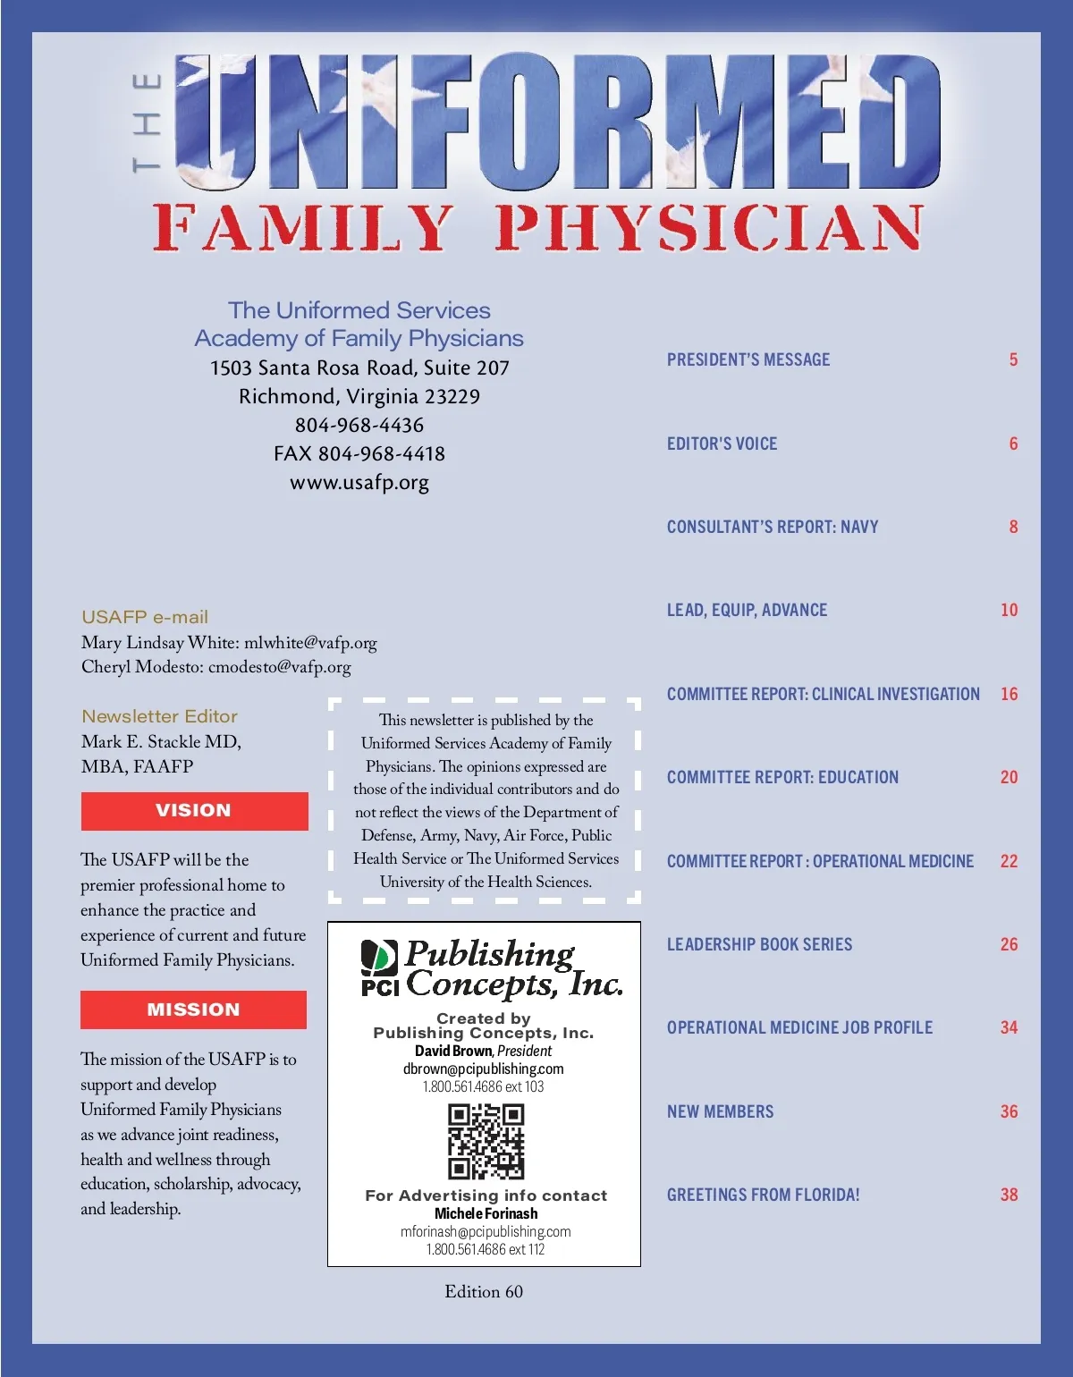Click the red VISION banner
[x=194, y=811]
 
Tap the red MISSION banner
[x=193, y=1010]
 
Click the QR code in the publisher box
[x=486, y=1141]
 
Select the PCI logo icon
[x=379, y=967]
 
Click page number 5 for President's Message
[x=1013, y=359]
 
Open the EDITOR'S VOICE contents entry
[x=722, y=444]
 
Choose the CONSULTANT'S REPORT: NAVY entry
[x=773, y=527]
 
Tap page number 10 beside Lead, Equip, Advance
[x=1009, y=610]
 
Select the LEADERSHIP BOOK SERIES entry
[x=759, y=944]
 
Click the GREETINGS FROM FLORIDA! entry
[x=763, y=1195]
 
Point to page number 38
[x=1009, y=1195]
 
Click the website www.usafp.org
[x=359, y=483]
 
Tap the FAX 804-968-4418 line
[x=359, y=454]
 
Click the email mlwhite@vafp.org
[x=310, y=643]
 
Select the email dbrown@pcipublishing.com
[x=484, y=1069]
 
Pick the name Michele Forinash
[x=486, y=1213]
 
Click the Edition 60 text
[x=484, y=1291]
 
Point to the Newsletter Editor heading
[x=159, y=716]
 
